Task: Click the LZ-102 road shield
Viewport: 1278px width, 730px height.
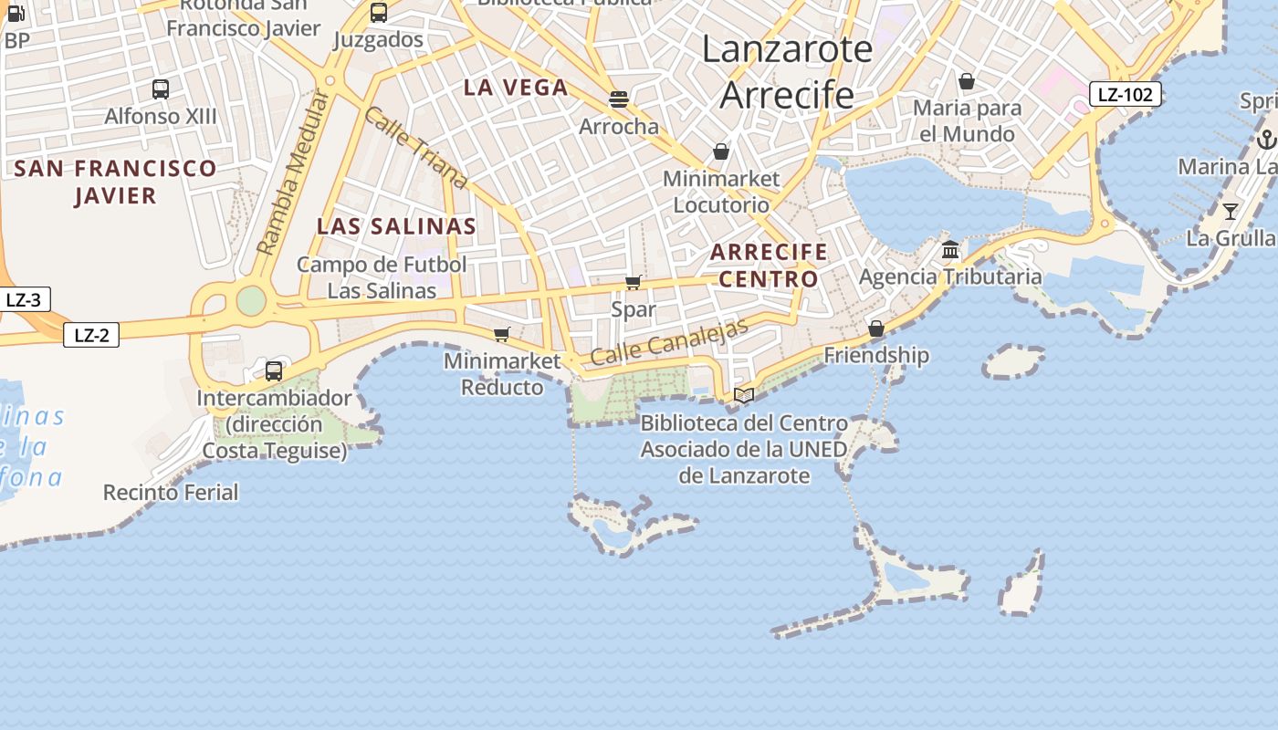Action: pos(1125,94)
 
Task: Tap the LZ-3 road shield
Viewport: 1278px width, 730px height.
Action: pos(24,299)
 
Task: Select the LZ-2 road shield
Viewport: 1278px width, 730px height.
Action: pos(91,335)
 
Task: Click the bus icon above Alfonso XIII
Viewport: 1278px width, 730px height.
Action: pos(161,89)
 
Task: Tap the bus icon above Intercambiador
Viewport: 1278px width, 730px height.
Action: pos(274,371)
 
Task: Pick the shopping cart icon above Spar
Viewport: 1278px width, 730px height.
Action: pos(633,283)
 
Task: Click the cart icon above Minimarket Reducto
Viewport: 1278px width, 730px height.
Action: pos(501,334)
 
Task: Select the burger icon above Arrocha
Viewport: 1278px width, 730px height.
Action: pos(619,99)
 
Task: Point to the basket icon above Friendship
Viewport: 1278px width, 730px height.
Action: pos(876,328)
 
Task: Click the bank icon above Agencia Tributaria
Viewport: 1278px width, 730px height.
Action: pos(950,249)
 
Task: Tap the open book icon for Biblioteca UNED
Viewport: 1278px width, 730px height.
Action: pos(744,395)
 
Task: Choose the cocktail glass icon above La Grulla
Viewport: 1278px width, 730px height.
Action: pos(1231,212)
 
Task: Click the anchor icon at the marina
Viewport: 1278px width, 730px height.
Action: pos(1266,140)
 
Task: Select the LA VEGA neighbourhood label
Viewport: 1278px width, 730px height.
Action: pos(516,88)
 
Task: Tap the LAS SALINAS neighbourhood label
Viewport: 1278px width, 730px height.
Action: pos(396,226)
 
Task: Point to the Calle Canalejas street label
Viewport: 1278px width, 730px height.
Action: pos(669,341)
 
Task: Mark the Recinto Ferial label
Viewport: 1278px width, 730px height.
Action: pos(171,493)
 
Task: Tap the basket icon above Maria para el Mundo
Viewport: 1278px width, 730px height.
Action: pos(967,81)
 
